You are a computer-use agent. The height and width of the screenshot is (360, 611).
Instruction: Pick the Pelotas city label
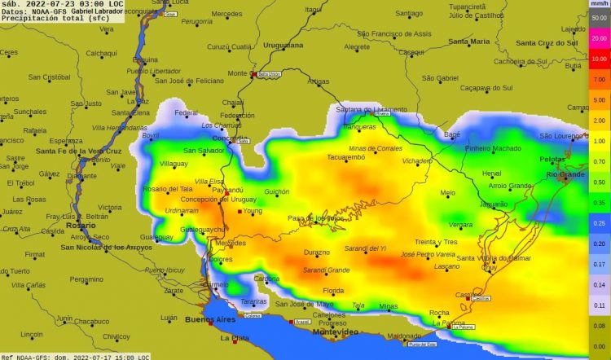553,160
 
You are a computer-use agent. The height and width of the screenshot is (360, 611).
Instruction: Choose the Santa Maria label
469,41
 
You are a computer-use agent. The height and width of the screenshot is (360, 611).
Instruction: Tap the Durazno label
316,252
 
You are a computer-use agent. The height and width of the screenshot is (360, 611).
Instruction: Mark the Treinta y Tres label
436,242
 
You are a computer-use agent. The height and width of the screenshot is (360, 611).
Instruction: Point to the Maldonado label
381,336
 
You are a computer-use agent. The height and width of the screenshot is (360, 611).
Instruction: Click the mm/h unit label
599,4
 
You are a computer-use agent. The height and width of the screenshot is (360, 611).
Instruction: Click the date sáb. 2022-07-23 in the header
37,4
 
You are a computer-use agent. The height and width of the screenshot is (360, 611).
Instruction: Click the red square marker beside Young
240,211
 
